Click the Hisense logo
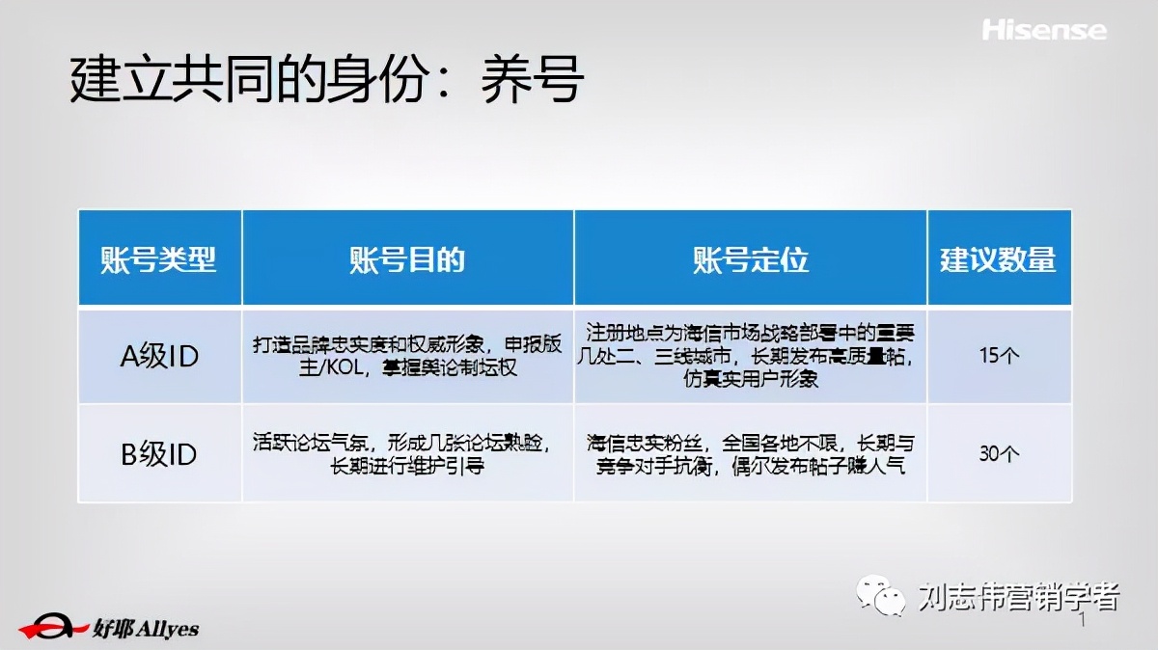[x=1044, y=30]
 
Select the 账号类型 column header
[x=159, y=259]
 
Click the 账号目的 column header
[x=407, y=259]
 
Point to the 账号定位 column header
[x=750, y=259]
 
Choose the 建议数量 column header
[x=998, y=259]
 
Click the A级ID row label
[x=159, y=356]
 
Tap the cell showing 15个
[x=998, y=356]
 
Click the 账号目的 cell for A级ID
[x=407, y=356]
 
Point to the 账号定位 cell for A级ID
[x=750, y=356]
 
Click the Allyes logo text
[x=146, y=629]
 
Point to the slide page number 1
[x=1083, y=622]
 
